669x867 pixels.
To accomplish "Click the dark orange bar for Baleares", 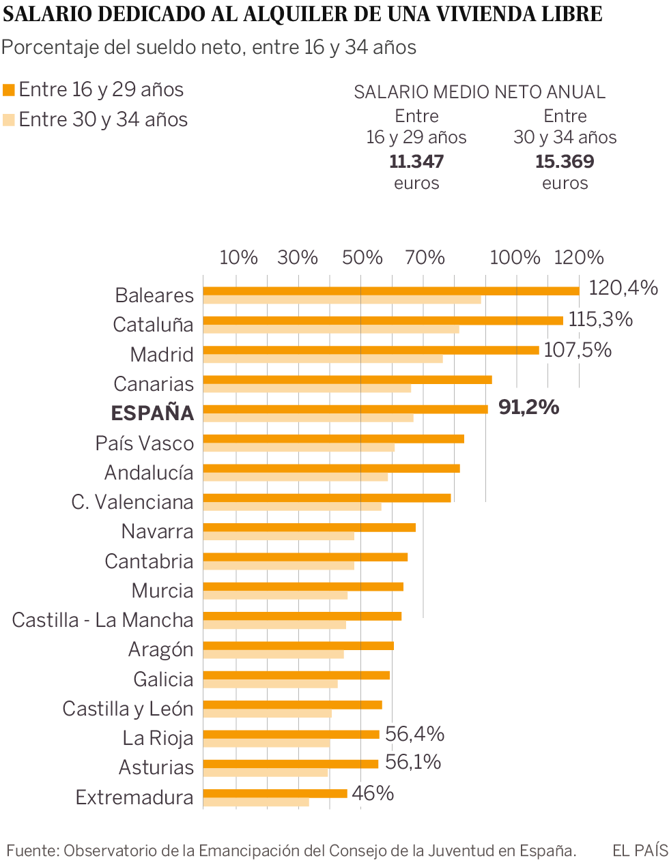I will [391, 291].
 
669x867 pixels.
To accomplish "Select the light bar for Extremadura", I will [256, 802].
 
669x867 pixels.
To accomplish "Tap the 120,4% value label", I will [623, 288].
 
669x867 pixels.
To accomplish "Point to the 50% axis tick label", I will [362, 258].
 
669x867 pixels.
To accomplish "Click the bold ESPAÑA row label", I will [152, 413].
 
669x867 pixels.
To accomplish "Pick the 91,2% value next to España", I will [528, 407].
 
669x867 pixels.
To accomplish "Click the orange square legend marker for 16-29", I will [9, 90].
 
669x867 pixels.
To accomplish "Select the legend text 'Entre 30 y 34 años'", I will [103, 120].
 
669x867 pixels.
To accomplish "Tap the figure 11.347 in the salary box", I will [416, 162].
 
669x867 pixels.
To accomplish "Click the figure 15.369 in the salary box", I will [565, 162].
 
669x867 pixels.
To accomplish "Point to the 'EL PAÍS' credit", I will [640, 851].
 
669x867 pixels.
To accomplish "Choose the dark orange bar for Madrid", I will [371, 350].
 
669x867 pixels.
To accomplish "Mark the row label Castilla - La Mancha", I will [103, 620].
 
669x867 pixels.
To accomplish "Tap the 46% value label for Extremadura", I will [373, 793].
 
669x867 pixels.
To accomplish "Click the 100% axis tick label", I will [515, 258].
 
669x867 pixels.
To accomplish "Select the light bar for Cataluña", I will [331, 329].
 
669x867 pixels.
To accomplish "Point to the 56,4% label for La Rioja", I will [414, 734].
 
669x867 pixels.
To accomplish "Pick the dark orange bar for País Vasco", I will [333, 439].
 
